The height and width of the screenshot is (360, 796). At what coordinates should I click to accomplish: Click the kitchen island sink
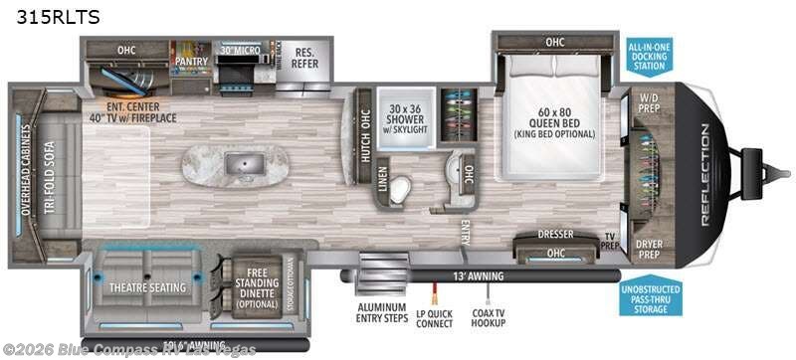pos(241,165)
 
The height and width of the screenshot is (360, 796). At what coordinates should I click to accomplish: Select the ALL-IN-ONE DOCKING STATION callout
pos(650,58)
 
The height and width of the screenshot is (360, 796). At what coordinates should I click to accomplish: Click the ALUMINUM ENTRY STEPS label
pos(380,313)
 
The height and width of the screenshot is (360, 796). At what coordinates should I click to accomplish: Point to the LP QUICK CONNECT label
pos(435,313)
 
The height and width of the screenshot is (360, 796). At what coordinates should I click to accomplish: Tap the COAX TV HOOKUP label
pos(490,313)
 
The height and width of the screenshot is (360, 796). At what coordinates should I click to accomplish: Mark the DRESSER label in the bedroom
pos(556,235)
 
